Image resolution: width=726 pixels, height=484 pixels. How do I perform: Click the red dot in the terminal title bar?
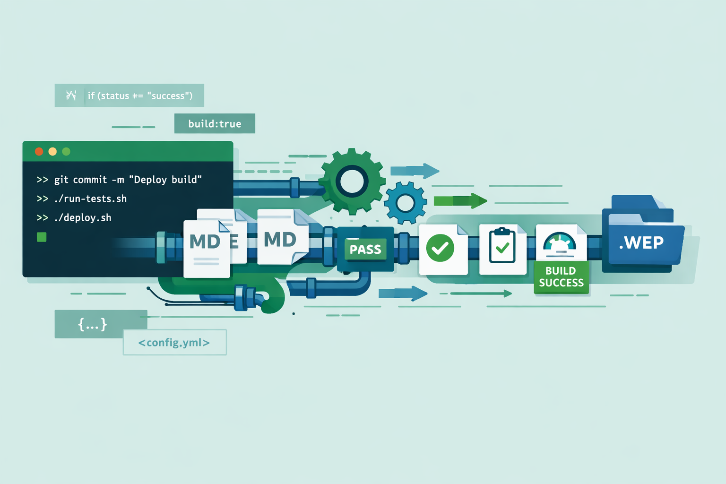39,151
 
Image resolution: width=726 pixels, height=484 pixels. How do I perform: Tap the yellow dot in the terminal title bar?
52,151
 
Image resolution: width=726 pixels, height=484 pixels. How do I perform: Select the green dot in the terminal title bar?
66,151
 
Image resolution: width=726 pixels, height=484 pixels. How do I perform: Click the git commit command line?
119,180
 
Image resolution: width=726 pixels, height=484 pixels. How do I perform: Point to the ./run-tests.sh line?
82,199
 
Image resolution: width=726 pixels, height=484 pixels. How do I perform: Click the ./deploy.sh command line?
74,218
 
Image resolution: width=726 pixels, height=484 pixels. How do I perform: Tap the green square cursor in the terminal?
42,237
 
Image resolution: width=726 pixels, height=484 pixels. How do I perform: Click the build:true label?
215,124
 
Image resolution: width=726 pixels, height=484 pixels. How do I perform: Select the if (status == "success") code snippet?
130,95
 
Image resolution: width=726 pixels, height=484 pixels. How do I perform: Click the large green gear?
352,181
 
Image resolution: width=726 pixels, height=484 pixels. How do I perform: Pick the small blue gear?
405,203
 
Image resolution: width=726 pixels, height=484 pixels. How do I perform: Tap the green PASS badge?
365,249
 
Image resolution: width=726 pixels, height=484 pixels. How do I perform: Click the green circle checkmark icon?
440,248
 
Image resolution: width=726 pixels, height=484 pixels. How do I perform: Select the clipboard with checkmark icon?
502,246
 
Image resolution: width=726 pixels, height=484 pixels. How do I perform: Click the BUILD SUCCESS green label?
561,277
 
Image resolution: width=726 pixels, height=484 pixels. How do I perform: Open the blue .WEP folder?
643,241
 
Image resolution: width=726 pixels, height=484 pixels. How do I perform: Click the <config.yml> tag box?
174,342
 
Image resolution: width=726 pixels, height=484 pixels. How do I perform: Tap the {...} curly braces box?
93,324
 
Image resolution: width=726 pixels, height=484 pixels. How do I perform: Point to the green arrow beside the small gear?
459,201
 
